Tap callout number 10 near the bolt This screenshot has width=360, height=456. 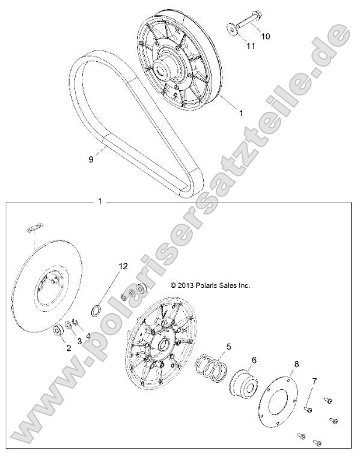pyautogui.click(x=265, y=37)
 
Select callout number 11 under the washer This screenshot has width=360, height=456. pyautogui.click(x=251, y=46)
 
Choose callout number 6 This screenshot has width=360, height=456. pyautogui.click(x=254, y=360)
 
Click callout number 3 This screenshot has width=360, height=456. pyautogui.click(x=79, y=341)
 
